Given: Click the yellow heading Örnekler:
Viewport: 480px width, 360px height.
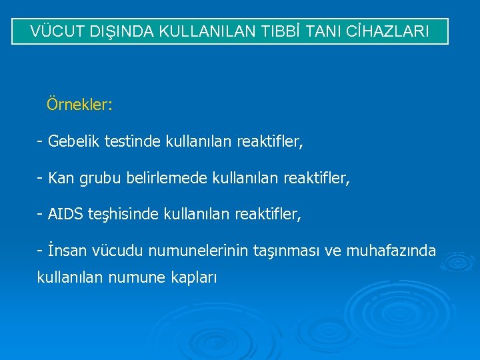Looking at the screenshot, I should tap(79, 105).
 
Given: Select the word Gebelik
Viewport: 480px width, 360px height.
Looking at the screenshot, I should tap(71, 142).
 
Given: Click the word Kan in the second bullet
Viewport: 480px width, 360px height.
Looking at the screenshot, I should tap(61, 179).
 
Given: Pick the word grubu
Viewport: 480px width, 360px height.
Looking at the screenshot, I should tap(99, 179).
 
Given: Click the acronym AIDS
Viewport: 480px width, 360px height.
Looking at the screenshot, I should tap(65, 215).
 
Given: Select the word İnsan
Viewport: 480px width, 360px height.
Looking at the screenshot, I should tap(65, 251).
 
